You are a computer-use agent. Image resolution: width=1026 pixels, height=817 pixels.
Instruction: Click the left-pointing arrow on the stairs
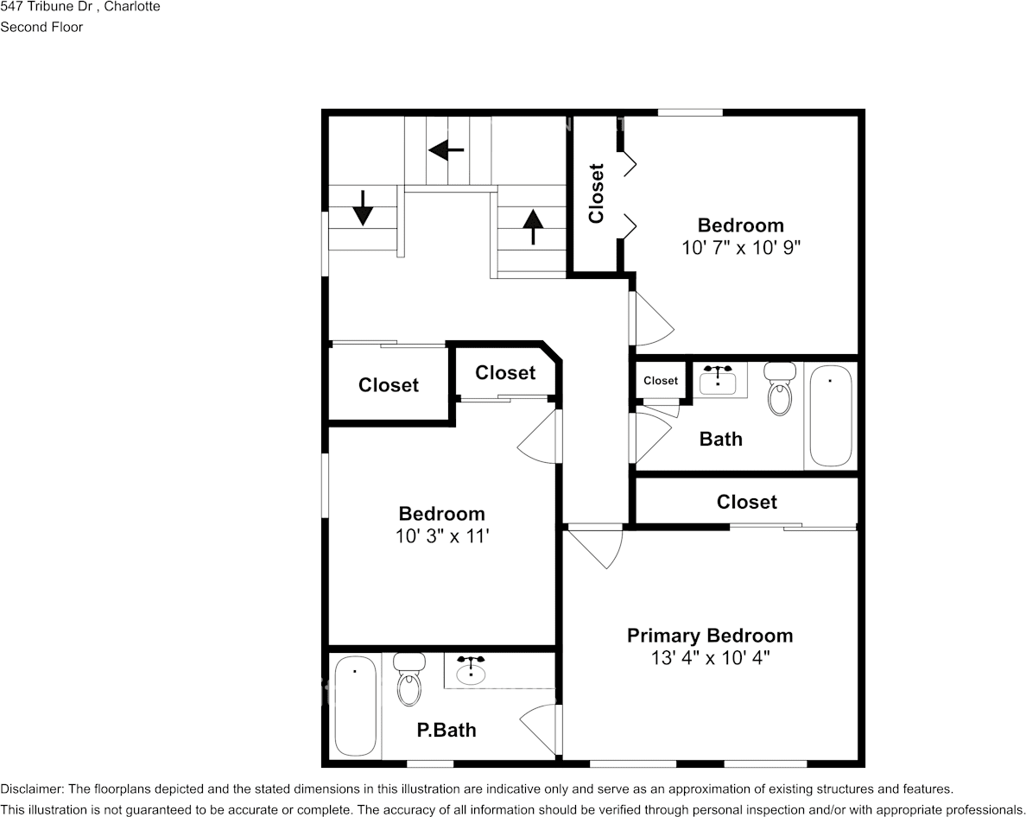pos(446,150)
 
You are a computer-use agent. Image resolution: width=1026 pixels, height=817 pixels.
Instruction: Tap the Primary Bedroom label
pos(709,636)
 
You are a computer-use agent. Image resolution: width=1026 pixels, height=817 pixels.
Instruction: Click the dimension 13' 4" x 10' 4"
pos(709,658)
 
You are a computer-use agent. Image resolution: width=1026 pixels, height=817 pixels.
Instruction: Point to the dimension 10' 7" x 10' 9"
pos(740,247)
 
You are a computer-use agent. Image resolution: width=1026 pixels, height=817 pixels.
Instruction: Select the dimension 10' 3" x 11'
pos(441,535)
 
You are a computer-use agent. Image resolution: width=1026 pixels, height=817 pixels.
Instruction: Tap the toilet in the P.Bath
pos(408,679)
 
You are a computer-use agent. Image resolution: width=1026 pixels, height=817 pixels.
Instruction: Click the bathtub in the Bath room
pos(831,416)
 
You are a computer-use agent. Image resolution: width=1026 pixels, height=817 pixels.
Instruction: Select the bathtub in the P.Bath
pos(354,706)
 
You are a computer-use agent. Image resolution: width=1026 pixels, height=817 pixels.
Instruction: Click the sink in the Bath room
pos(718,380)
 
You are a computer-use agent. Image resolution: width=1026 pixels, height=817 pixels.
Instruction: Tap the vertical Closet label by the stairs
pos(596,193)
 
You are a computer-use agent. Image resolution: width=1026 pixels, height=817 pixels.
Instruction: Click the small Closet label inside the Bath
pos(661,381)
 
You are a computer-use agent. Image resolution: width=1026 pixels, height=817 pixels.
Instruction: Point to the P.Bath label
pos(446,730)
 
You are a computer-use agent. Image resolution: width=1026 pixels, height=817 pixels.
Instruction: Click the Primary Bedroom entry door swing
pos(601,549)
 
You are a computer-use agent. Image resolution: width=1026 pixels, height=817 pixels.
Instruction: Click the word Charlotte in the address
pos(131,6)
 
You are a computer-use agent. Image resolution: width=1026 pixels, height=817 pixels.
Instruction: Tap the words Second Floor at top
pos(41,27)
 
